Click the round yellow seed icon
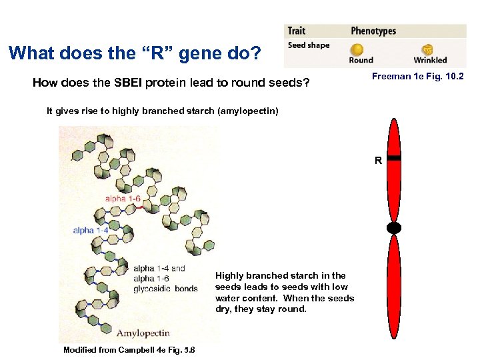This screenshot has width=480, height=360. pos(359,49)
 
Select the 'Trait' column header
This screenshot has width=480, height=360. pos(297,31)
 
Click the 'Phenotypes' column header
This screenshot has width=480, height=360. pos(373,31)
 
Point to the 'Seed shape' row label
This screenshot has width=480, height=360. pos(309,45)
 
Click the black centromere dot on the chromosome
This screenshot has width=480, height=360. pos(394,228)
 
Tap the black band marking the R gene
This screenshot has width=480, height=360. pos(394,158)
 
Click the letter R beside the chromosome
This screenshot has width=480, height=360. pos(378,161)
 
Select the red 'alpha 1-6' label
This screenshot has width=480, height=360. pos(123,198)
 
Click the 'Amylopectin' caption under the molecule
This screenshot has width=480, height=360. pos(143,333)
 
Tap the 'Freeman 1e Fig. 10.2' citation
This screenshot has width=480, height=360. pos(417,77)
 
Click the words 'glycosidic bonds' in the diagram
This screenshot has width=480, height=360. pos(166,289)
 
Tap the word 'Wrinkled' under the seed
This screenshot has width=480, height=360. pos(430,60)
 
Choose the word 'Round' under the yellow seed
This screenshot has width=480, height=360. pos(361,60)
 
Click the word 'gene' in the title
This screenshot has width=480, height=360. pos(173,53)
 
